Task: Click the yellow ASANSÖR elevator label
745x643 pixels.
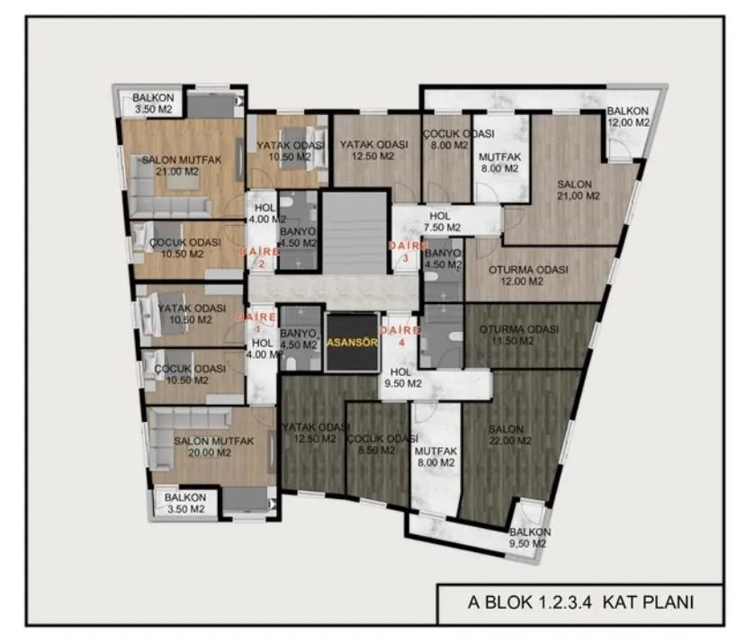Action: (352, 343)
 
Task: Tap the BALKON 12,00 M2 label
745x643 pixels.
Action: (628, 116)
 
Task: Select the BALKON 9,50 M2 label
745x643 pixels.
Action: (529, 538)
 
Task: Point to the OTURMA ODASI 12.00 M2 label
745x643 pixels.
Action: (528, 275)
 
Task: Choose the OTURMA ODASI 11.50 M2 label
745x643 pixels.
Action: (519, 335)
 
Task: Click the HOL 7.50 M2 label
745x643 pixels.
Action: (442, 222)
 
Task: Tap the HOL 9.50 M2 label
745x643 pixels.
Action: (402, 378)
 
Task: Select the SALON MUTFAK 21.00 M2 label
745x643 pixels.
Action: (182, 165)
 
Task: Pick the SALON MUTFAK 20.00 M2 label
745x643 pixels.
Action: (213, 447)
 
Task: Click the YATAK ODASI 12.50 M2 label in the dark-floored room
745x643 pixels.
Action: (316, 433)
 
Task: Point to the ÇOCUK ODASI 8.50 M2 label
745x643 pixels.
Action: (382, 444)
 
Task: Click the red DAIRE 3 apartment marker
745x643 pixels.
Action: (406, 252)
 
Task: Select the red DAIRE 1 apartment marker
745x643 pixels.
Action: (256, 322)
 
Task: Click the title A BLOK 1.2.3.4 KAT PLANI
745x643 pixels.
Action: (580, 603)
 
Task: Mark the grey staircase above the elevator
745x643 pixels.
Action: (355, 232)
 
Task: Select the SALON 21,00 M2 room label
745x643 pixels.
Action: (579, 190)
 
